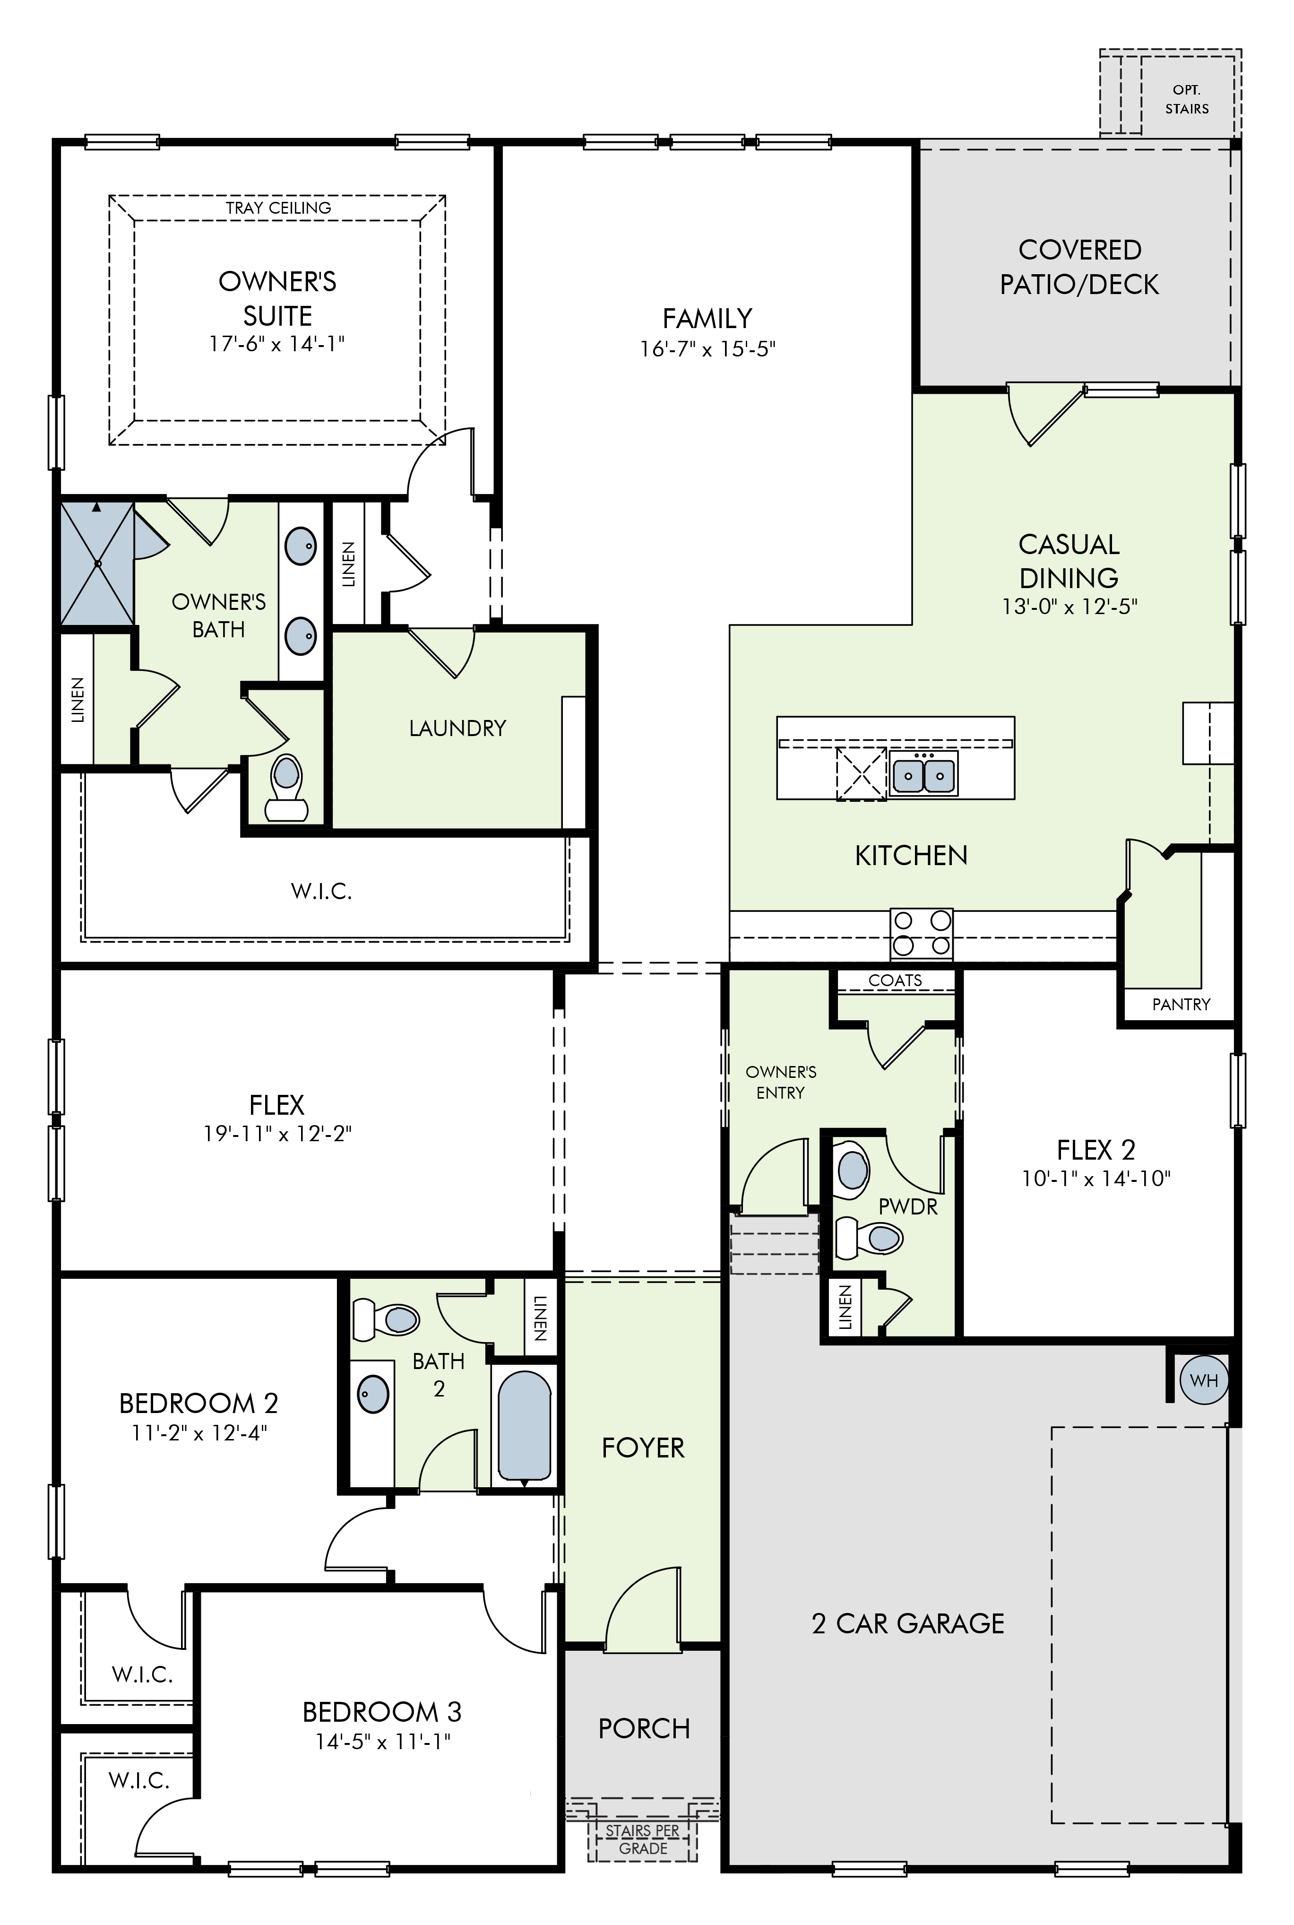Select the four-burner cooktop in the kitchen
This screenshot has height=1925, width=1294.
(922, 934)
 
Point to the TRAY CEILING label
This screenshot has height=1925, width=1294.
(279, 208)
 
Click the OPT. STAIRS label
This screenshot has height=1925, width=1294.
(1187, 99)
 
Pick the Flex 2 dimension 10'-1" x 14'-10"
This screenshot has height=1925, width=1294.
(1096, 1178)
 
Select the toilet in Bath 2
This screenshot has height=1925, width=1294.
(385, 1319)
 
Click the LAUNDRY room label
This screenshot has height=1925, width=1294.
(457, 728)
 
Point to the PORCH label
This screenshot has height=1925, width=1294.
(644, 1728)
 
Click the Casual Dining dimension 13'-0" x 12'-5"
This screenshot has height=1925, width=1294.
(1070, 607)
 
